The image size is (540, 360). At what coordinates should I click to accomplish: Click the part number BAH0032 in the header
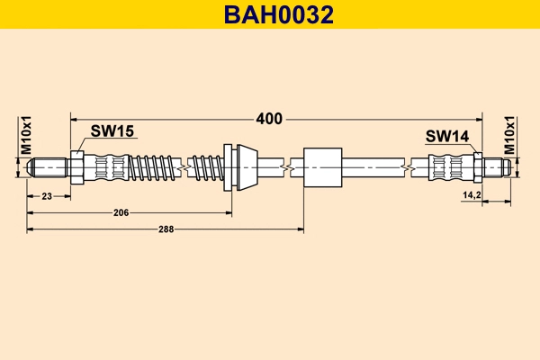point(269,14)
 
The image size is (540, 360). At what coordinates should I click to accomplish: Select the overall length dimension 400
point(269,118)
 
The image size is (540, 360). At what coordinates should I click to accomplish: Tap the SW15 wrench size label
point(112,131)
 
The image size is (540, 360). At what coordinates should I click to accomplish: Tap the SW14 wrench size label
point(447,136)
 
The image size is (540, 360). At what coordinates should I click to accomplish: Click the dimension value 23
point(46,194)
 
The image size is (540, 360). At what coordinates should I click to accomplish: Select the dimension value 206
point(121,212)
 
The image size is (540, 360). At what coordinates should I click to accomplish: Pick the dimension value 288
point(166,229)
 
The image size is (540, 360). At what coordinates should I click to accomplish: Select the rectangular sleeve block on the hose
point(325,166)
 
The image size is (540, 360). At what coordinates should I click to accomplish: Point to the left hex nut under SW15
point(76,166)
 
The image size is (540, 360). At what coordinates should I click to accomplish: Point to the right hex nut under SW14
point(478,166)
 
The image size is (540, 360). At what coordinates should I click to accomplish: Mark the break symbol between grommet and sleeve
point(286,166)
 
